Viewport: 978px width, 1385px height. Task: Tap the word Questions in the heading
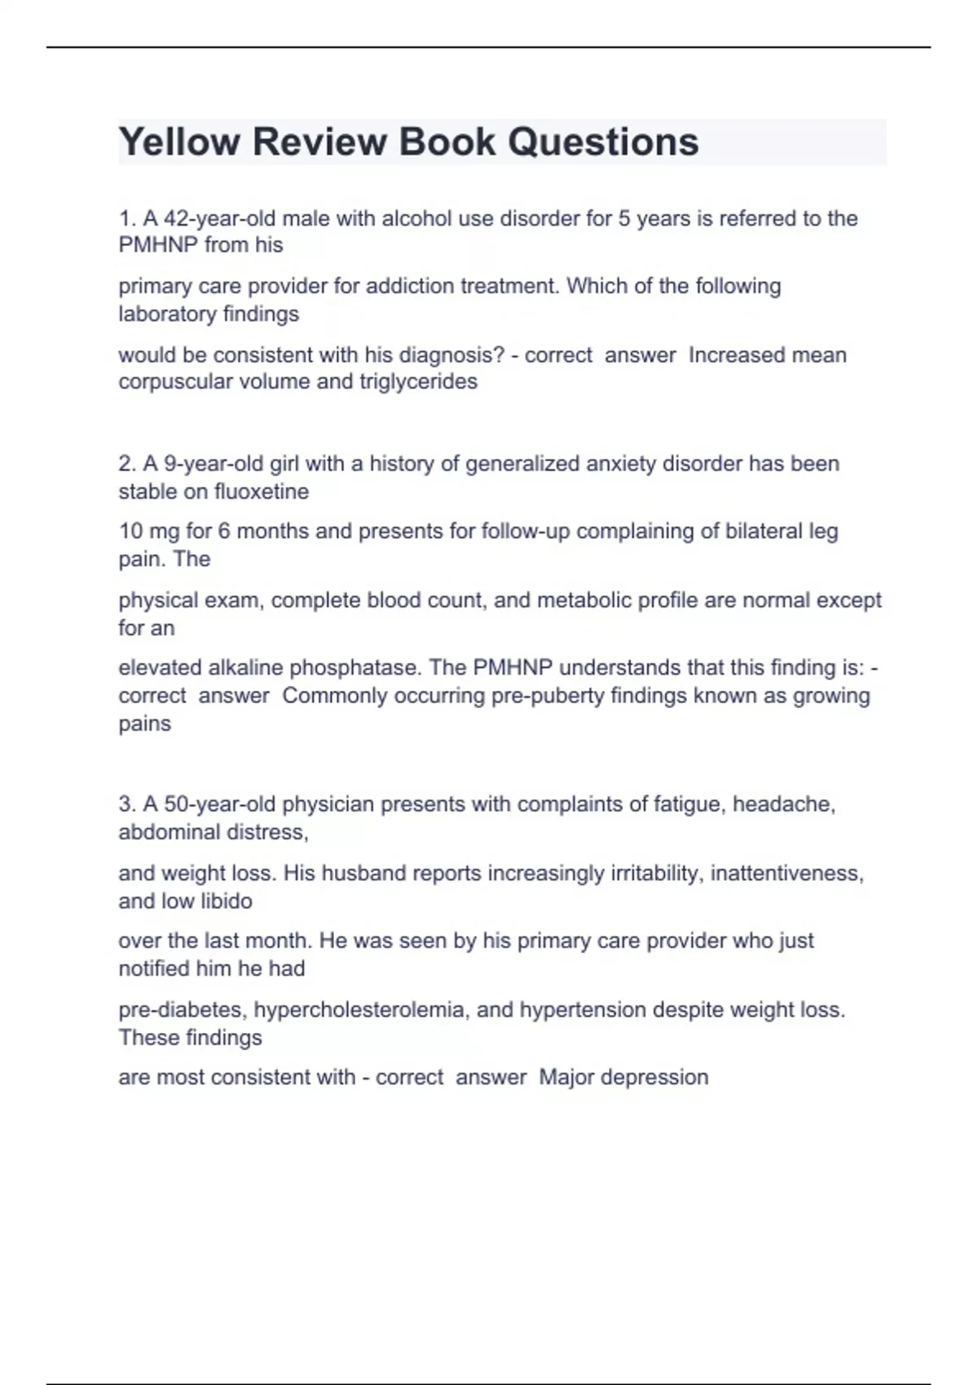pyautogui.click(x=603, y=143)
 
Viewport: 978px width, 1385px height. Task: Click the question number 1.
pyautogui.click(x=126, y=218)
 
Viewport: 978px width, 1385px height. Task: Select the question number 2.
pyautogui.click(x=126, y=464)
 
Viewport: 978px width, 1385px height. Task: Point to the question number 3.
pyautogui.click(x=126, y=804)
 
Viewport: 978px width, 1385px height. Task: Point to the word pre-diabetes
pyautogui.click(x=182, y=1009)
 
